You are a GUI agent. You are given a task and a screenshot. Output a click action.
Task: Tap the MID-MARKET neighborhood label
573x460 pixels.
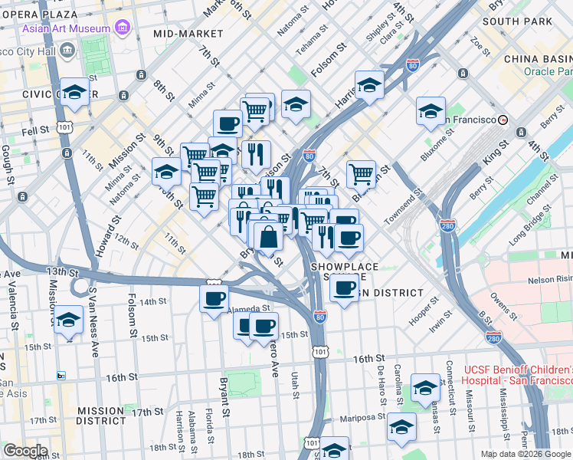coord(188,34)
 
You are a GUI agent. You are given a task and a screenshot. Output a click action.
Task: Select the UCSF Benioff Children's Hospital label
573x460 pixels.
coord(518,375)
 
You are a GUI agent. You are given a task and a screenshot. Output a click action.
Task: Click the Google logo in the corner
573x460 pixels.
coord(25,451)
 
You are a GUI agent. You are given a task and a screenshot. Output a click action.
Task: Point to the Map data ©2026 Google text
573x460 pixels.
coord(525,454)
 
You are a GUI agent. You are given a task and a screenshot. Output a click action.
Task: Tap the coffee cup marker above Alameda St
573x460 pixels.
coord(214,297)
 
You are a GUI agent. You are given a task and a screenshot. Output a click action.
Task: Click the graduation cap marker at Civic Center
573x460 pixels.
coord(75,92)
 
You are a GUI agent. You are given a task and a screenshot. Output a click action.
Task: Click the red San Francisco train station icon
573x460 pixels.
coord(503,120)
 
